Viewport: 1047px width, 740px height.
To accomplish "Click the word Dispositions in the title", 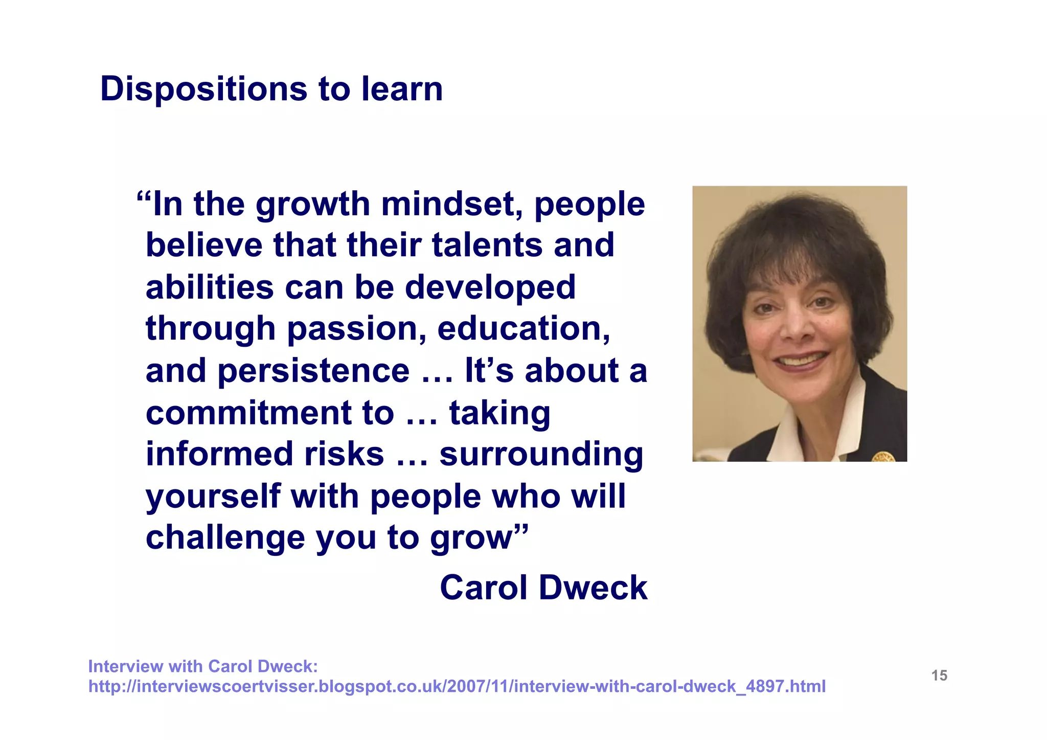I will click(x=203, y=89).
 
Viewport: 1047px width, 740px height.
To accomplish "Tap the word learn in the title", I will click(x=402, y=89).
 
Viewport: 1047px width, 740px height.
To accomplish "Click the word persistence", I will click(x=313, y=371).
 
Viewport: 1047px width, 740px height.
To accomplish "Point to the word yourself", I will click(x=213, y=497).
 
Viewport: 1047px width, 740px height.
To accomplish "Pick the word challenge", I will click(x=224, y=539).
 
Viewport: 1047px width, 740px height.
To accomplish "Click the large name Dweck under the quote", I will click(x=593, y=588).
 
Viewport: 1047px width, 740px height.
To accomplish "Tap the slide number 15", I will click(x=939, y=676).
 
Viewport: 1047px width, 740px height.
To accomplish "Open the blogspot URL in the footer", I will click(x=457, y=686).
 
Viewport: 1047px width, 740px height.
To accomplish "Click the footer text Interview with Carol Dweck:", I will click(x=203, y=666).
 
